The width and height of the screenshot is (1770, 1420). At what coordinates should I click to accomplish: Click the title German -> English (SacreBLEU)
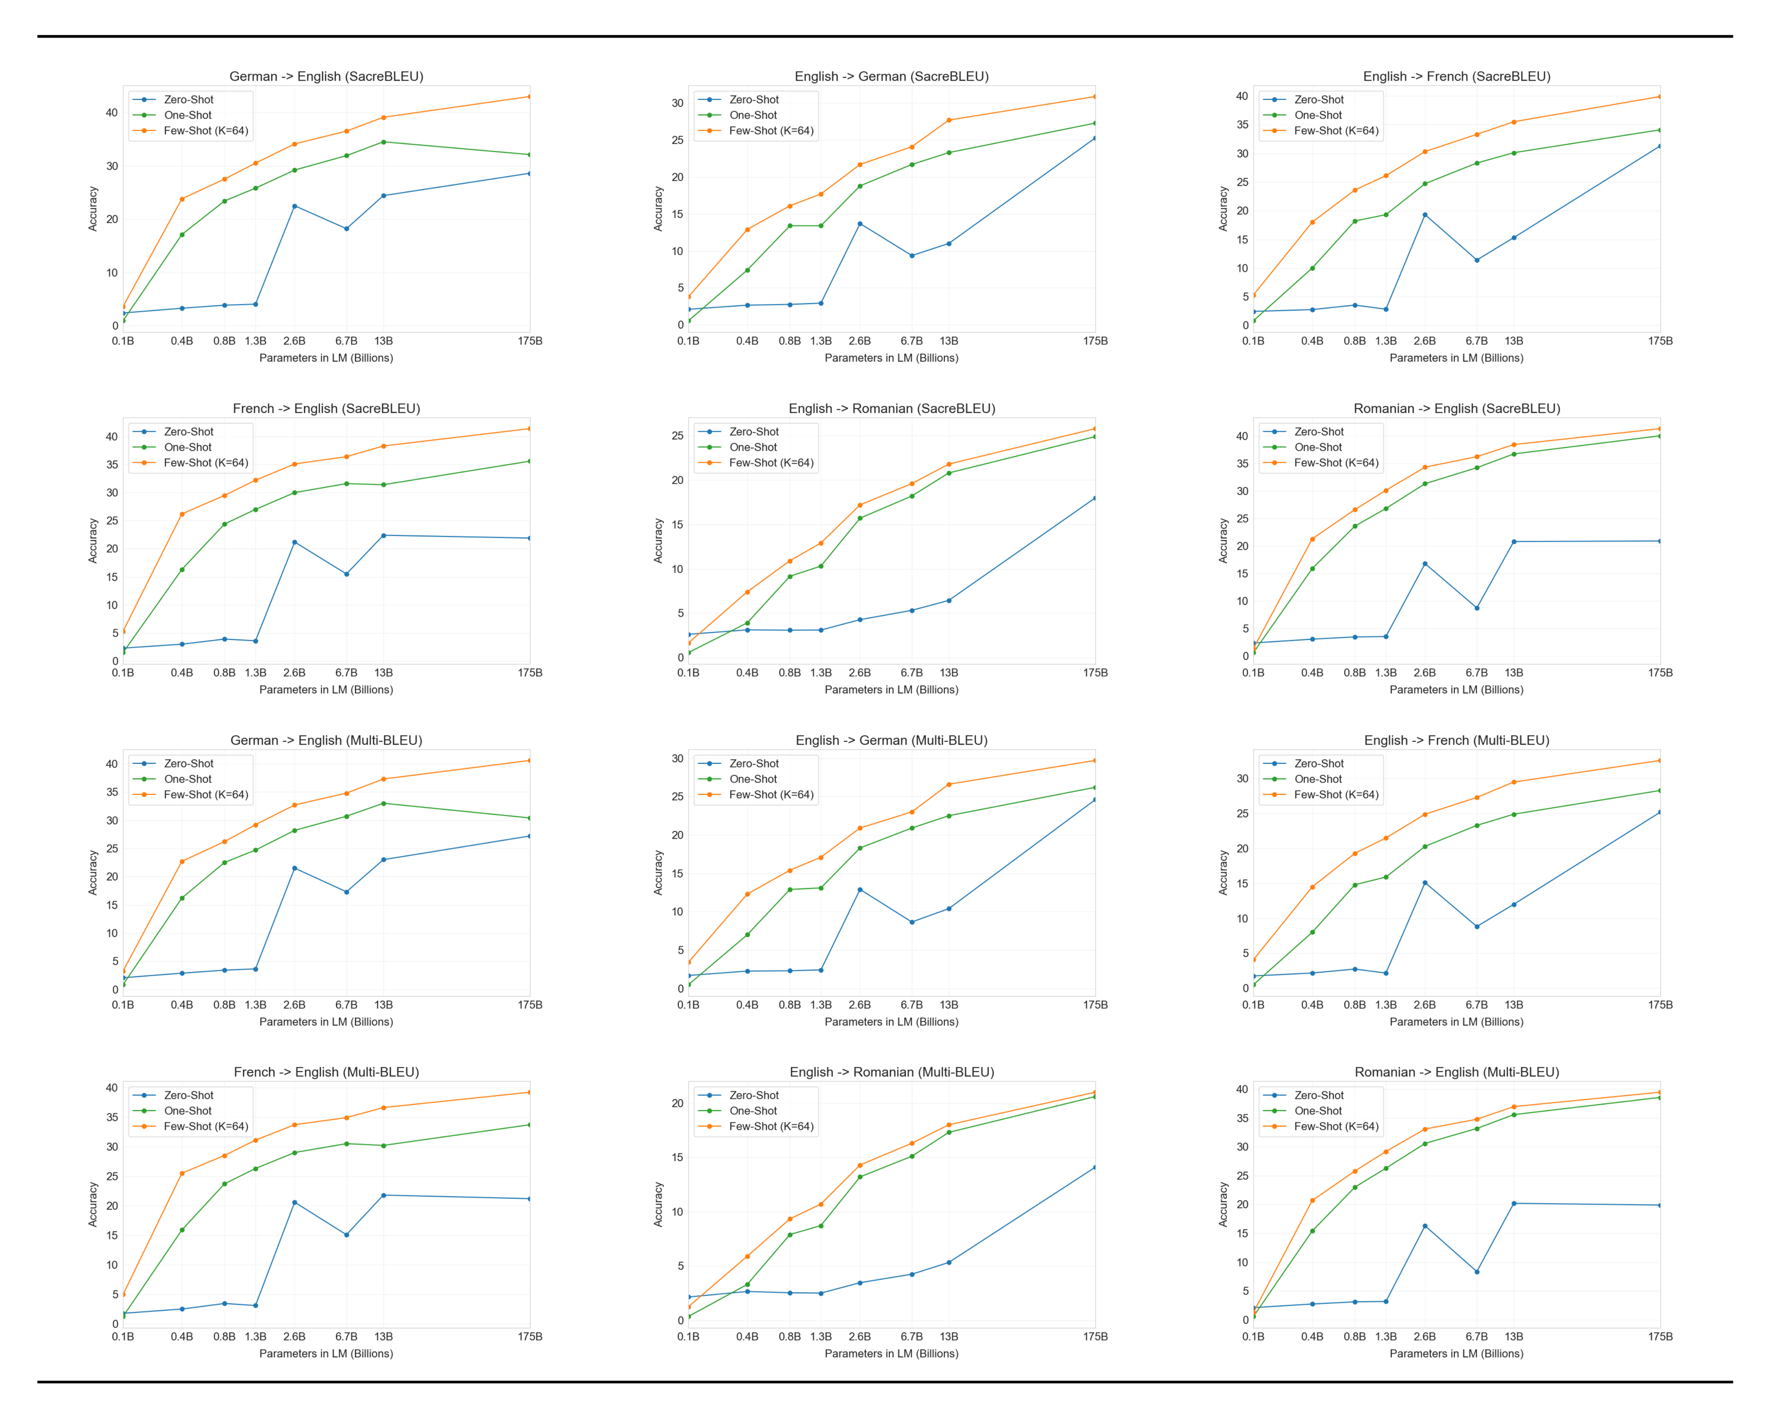click(326, 77)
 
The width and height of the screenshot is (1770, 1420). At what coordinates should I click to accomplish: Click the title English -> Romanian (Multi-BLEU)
click(892, 1072)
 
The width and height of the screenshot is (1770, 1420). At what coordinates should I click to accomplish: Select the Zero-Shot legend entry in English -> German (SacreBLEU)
click(754, 99)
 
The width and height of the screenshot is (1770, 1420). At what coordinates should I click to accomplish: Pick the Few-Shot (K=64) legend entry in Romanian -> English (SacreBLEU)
click(1336, 463)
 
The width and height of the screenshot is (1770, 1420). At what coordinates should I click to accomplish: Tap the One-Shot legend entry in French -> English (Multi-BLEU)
click(187, 1111)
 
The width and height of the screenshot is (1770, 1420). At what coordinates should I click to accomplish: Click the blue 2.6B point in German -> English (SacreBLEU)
click(295, 206)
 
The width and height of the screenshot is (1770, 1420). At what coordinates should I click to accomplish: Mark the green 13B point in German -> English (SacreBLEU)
click(383, 142)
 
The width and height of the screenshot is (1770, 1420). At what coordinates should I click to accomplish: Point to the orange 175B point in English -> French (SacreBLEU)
click(1659, 97)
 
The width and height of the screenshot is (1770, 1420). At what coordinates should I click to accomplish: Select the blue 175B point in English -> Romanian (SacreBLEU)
click(1094, 498)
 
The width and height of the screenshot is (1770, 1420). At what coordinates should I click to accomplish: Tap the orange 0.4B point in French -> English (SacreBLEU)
click(182, 515)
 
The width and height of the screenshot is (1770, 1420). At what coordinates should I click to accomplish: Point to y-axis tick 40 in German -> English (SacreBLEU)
click(112, 112)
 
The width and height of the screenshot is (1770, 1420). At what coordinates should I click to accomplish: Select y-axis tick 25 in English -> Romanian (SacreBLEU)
click(677, 436)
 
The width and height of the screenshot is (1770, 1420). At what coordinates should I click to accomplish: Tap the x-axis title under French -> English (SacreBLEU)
click(326, 689)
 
